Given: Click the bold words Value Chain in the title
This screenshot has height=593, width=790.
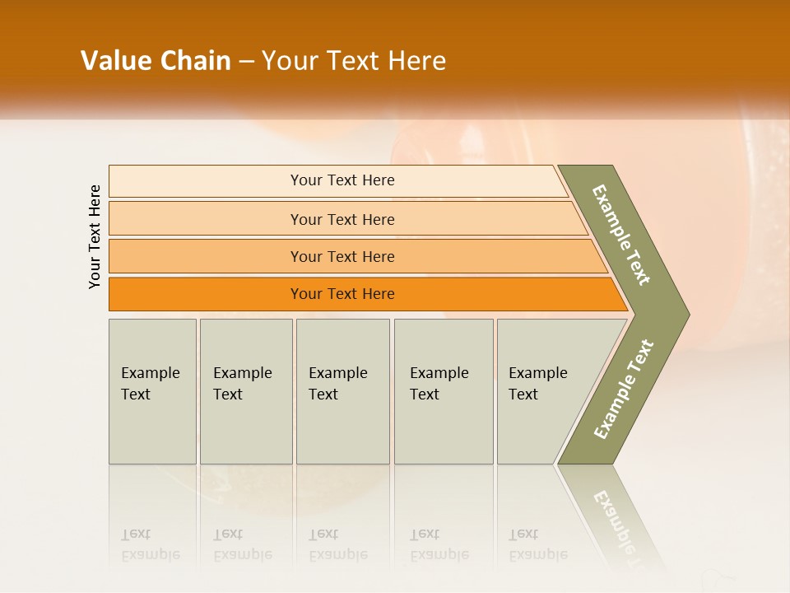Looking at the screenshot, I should click(x=156, y=61).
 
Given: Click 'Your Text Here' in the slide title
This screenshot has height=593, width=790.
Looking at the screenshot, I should click(x=354, y=61).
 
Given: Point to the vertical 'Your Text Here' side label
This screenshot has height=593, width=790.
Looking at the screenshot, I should click(x=95, y=236).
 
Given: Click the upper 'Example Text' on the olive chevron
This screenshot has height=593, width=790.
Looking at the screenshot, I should click(x=621, y=235).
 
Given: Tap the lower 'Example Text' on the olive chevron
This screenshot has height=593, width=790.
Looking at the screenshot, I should click(x=623, y=389).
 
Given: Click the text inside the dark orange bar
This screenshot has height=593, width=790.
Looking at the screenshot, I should click(x=342, y=294).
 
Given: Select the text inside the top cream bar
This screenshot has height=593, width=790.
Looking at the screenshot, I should click(x=342, y=180).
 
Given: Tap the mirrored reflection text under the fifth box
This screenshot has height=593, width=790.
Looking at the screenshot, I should click(x=537, y=544).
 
